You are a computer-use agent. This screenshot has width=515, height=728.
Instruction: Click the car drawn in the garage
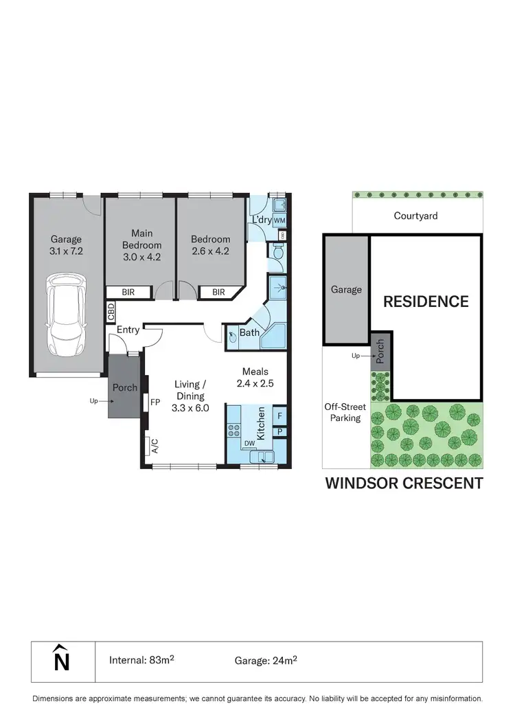pyautogui.click(x=66, y=312)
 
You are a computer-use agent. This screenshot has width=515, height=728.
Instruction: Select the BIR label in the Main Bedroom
pyautogui.click(x=128, y=293)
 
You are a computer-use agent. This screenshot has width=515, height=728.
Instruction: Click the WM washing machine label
pyautogui.click(x=279, y=220)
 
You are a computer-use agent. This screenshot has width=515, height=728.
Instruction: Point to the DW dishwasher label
pyautogui.click(x=249, y=444)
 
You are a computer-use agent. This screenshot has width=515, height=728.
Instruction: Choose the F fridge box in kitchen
pyautogui.click(x=280, y=415)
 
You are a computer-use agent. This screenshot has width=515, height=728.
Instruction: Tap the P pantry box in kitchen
pyautogui.click(x=280, y=432)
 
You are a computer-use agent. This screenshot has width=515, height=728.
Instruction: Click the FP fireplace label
pyautogui.click(x=155, y=402)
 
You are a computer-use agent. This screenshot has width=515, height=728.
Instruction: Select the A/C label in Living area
pyautogui.click(x=154, y=446)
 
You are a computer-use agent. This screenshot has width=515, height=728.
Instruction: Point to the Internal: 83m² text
pyautogui.click(x=141, y=661)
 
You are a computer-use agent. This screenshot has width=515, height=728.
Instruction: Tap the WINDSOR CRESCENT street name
pyautogui.click(x=403, y=484)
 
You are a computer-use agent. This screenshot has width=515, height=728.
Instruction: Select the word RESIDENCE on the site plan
pyautogui.click(x=426, y=301)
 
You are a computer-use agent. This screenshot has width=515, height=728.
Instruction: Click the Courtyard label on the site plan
pyautogui.click(x=415, y=216)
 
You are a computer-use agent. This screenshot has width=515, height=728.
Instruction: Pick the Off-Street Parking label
pyautogui.click(x=345, y=412)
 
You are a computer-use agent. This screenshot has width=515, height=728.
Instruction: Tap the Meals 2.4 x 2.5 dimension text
pyautogui.click(x=254, y=378)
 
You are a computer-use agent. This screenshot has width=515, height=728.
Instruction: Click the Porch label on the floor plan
pyautogui.click(x=125, y=387)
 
